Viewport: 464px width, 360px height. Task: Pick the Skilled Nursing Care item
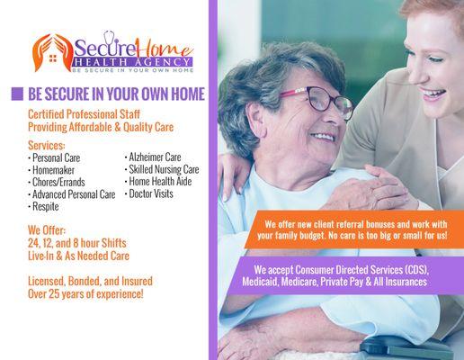pyautogui.click(x=164, y=169)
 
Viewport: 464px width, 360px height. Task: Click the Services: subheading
pyautogui.click(x=47, y=145)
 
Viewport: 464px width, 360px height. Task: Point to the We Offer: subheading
pyautogui.click(x=49, y=229)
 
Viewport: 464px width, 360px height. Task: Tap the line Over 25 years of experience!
pyautogui.click(x=86, y=293)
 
